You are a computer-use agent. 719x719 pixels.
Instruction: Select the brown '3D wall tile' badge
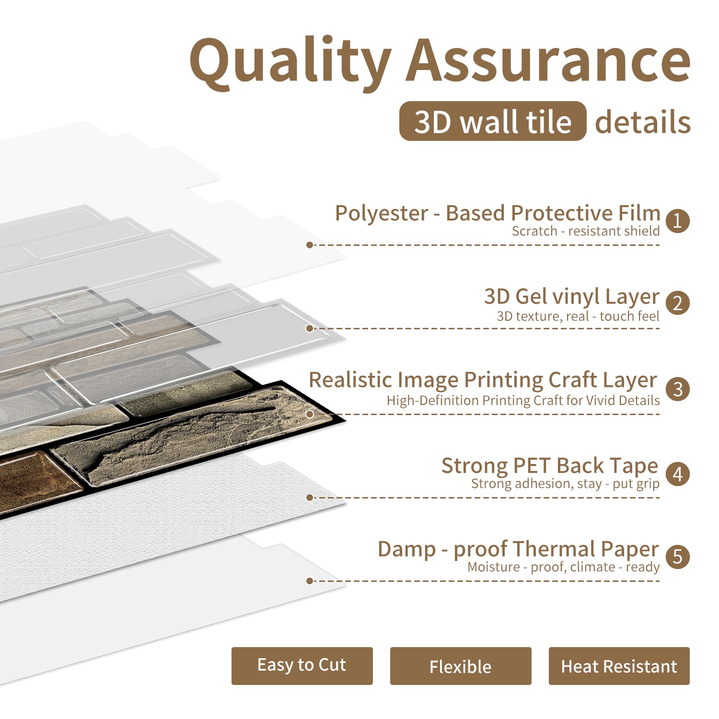coord(493,121)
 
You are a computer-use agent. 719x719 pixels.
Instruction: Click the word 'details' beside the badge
coord(643,122)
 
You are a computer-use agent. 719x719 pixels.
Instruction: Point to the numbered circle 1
coord(677,221)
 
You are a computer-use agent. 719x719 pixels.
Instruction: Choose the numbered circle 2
coord(677,303)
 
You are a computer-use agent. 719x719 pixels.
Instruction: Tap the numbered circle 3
coord(677,389)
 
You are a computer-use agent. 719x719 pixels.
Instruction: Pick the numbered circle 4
coord(677,474)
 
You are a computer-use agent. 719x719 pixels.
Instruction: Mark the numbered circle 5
coord(677,557)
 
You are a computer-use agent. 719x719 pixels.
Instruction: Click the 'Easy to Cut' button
coord(302,666)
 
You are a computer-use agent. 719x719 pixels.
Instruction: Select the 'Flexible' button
coord(461,666)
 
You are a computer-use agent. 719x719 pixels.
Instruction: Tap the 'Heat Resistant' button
coord(619,666)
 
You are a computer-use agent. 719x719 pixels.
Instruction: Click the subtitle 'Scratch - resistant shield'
coord(586,231)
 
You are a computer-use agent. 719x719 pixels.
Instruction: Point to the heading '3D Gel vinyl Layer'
coord(572,297)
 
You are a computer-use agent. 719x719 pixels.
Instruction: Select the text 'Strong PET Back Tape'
coord(550,465)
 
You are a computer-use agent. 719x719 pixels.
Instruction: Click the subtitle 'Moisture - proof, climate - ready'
coord(564,567)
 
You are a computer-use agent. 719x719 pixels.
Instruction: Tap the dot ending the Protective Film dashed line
coord(310,245)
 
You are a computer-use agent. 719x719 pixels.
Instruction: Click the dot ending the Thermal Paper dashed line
coord(310,581)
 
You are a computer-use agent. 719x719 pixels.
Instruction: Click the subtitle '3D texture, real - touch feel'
coord(578,316)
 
